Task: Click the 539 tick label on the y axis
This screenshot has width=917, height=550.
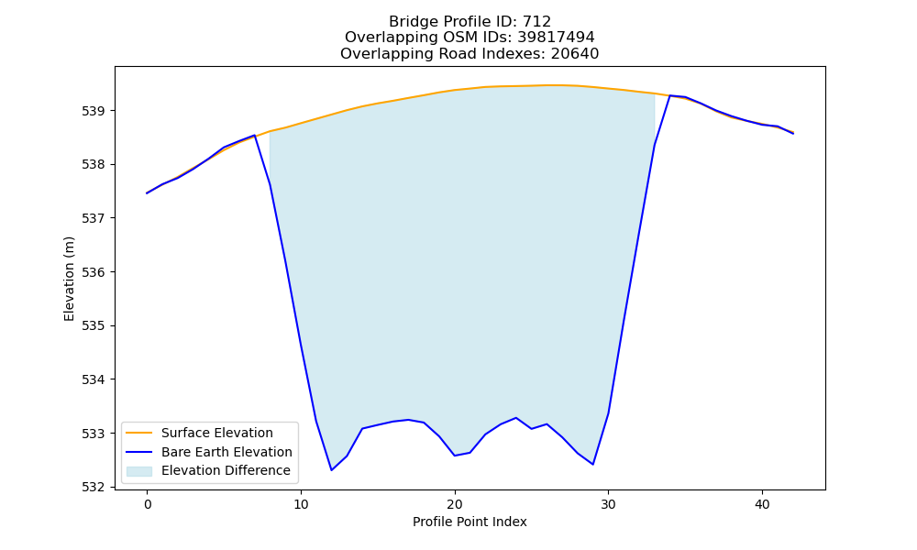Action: click(94, 111)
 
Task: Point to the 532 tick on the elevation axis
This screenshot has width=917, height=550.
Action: click(94, 488)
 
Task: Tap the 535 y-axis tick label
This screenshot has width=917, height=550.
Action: click(94, 326)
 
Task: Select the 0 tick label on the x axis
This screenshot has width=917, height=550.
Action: click(148, 504)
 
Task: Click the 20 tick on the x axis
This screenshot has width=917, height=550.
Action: click(455, 504)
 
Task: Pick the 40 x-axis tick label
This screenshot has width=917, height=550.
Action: click(762, 504)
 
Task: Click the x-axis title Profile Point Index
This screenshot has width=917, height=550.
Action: click(470, 522)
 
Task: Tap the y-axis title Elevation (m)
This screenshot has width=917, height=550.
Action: click(69, 279)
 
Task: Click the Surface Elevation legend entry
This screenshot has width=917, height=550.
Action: click(217, 433)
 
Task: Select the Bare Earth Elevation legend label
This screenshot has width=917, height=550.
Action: click(226, 452)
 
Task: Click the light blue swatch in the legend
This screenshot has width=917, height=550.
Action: click(139, 471)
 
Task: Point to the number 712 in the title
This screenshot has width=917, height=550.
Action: click(536, 22)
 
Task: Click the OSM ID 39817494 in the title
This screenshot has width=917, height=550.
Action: click(556, 38)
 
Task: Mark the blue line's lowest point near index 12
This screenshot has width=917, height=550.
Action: click(332, 470)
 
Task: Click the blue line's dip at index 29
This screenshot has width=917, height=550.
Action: click(593, 464)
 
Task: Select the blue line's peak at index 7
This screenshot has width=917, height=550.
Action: click(254, 136)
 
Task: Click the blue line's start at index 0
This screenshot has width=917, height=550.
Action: click(148, 192)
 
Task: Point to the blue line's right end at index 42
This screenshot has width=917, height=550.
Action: click(793, 133)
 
